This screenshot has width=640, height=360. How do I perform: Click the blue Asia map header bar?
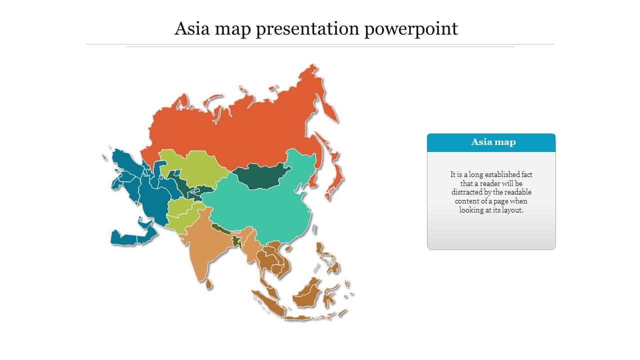tap(491, 142)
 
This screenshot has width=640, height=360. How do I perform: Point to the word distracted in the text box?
tap(468, 192)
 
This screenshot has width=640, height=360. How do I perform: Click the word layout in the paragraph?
tap(514, 210)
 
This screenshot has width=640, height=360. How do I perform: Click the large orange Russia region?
tap(240, 130)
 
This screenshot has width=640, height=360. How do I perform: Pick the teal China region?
tap(260, 210)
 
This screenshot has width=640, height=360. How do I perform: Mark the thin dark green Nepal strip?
tap(219, 229)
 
